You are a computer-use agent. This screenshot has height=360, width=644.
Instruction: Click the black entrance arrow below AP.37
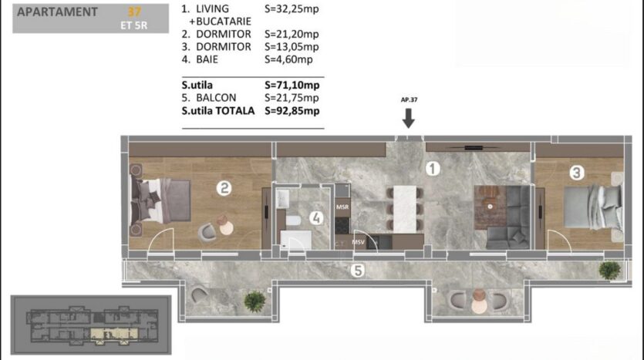click(408, 118)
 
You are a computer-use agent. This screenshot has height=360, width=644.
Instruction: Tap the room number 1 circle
click(432, 168)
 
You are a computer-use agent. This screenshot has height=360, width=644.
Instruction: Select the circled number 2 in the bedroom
click(224, 188)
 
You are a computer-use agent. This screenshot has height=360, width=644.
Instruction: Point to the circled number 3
click(577, 173)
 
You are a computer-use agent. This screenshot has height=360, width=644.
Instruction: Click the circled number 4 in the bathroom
click(316, 218)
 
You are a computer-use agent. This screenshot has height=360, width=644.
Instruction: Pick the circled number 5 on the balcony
click(358, 271)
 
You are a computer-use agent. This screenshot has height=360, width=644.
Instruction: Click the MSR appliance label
click(342, 207)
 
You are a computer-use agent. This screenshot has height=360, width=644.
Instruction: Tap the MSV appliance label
click(358, 242)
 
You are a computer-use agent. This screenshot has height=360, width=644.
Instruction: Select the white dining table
click(405, 210)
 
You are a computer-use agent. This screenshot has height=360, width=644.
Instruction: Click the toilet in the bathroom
click(293, 220)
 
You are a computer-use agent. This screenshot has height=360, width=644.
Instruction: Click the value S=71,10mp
click(292, 85)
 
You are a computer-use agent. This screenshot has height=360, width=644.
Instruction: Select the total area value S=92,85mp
click(292, 111)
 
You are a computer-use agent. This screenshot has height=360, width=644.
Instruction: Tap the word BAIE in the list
click(207, 59)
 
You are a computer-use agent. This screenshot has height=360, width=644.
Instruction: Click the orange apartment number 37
click(134, 12)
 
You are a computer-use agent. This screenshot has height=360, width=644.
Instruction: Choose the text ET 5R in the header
click(134, 25)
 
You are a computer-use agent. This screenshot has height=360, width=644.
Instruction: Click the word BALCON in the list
click(216, 98)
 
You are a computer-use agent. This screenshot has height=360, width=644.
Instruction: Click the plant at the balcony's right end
click(610, 271)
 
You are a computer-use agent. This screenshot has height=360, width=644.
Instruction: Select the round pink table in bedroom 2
click(226, 228)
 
